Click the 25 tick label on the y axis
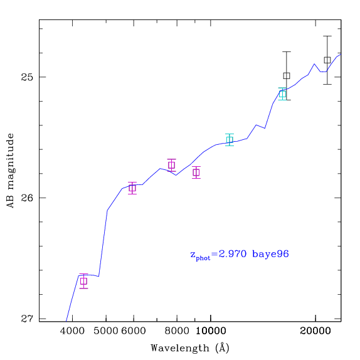coord(27,77)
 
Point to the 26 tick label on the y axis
coord(27,198)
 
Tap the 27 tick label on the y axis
coord(27,319)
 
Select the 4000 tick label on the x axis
coord(72,331)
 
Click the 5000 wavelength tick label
coord(106,331)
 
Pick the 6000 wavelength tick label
coord(134,331)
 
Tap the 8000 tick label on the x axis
coord(177,331)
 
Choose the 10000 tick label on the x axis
coord(211,331)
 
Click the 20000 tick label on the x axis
coord(315,331)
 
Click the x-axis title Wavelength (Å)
coord(190,348)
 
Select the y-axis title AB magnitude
coord(11,171)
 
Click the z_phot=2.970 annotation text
coord(218,255)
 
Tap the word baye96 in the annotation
coord(270,254)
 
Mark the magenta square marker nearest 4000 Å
coord(84,281)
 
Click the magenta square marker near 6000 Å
coord(132,188)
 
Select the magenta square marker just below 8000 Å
coord(172,165)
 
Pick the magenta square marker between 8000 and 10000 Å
coord(196,172)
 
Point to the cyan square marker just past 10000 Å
coord(230,140)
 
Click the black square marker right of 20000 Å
coord(327,60)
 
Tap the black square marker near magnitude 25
coord(287,75)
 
